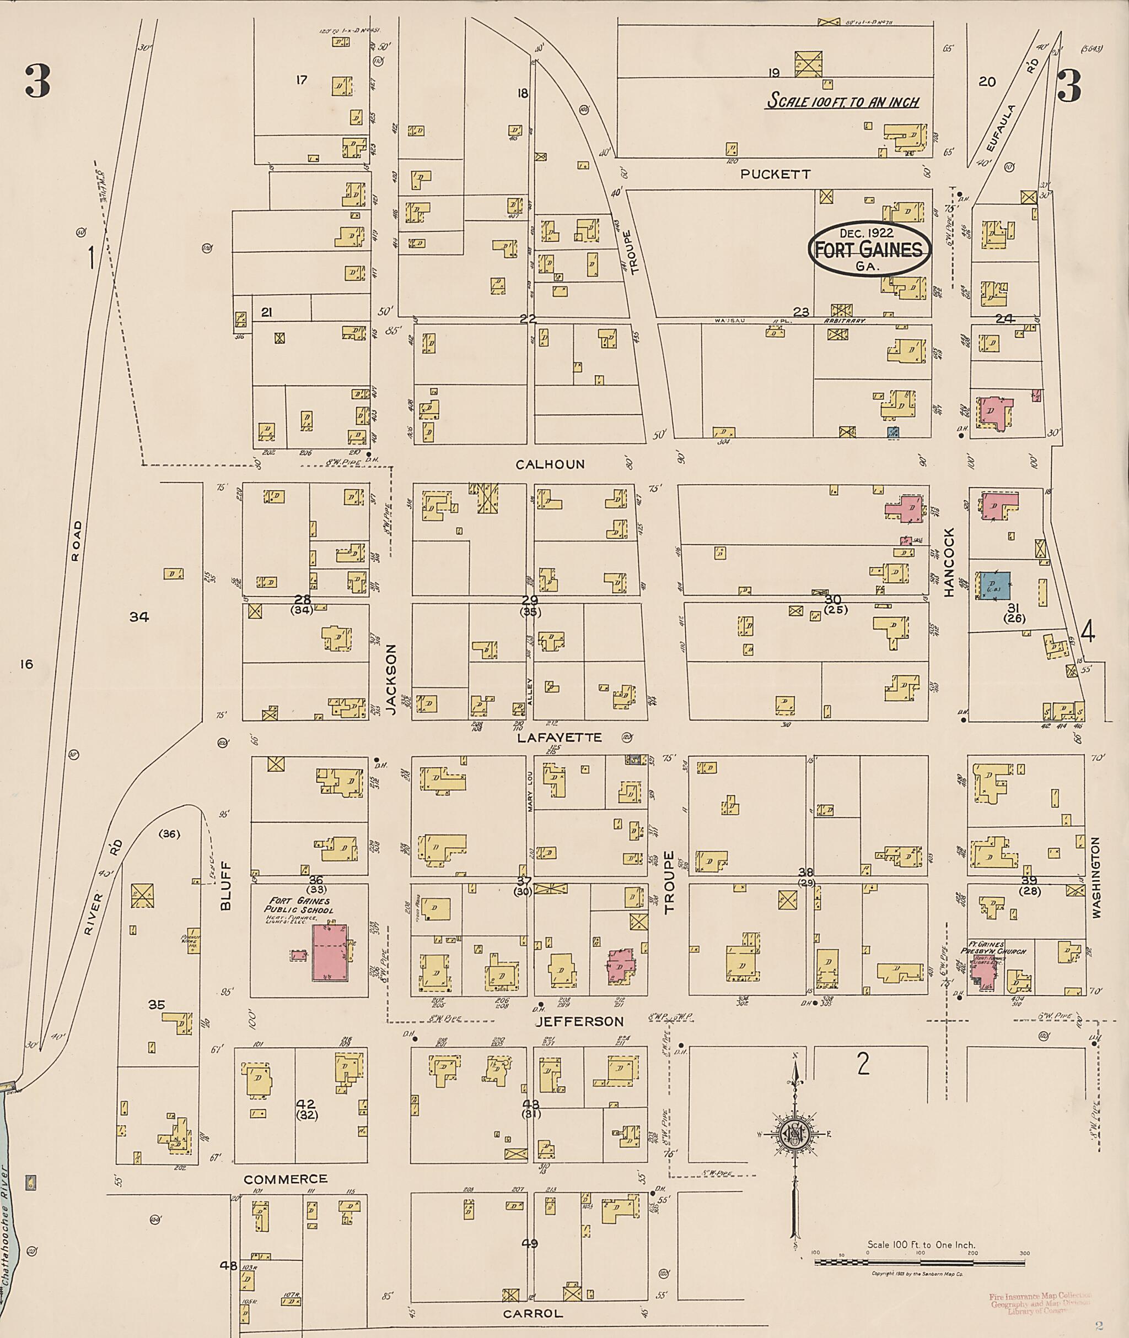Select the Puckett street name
point(775,174)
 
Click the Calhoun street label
point(550,464)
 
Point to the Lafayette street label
point(560,738)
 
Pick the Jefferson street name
point(579,1021)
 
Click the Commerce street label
point(285,1179)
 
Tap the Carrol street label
point(533,1314)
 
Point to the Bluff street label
point(225,885)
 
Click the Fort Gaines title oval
point(868,250)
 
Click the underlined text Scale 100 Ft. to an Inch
point(843,101)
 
